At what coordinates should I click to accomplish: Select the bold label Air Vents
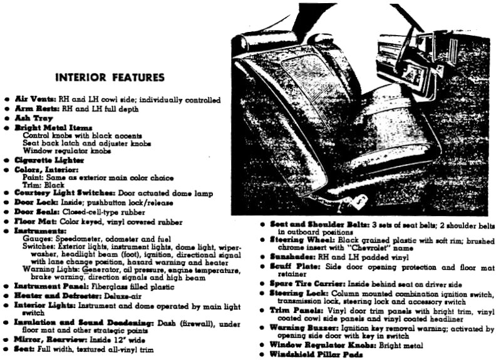(x=34, y=100)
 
